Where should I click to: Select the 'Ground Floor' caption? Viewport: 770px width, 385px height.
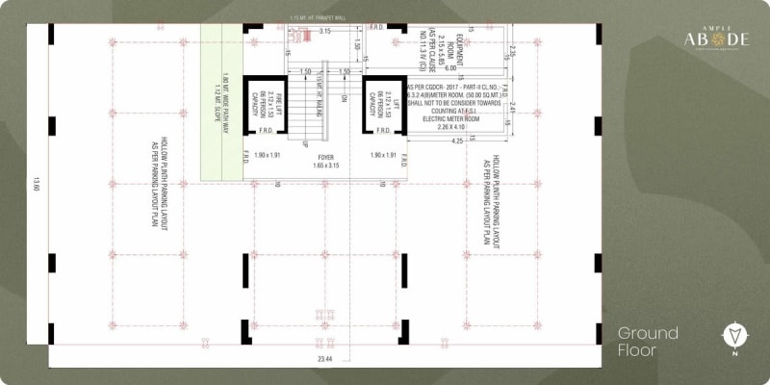[648, 341]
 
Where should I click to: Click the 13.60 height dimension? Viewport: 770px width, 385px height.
[38, 183]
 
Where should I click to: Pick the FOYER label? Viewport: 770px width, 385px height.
[325, 156]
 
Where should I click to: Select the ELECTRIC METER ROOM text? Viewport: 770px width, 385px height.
[451, 116]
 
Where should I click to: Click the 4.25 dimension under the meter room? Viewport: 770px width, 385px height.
[456, 141]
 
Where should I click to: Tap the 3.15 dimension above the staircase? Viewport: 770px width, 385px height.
[325, 31]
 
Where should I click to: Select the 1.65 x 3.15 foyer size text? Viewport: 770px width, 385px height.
[325, 166]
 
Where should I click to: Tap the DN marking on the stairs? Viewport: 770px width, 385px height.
[344, 98]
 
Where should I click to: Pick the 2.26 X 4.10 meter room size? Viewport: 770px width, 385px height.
[451, 125]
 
